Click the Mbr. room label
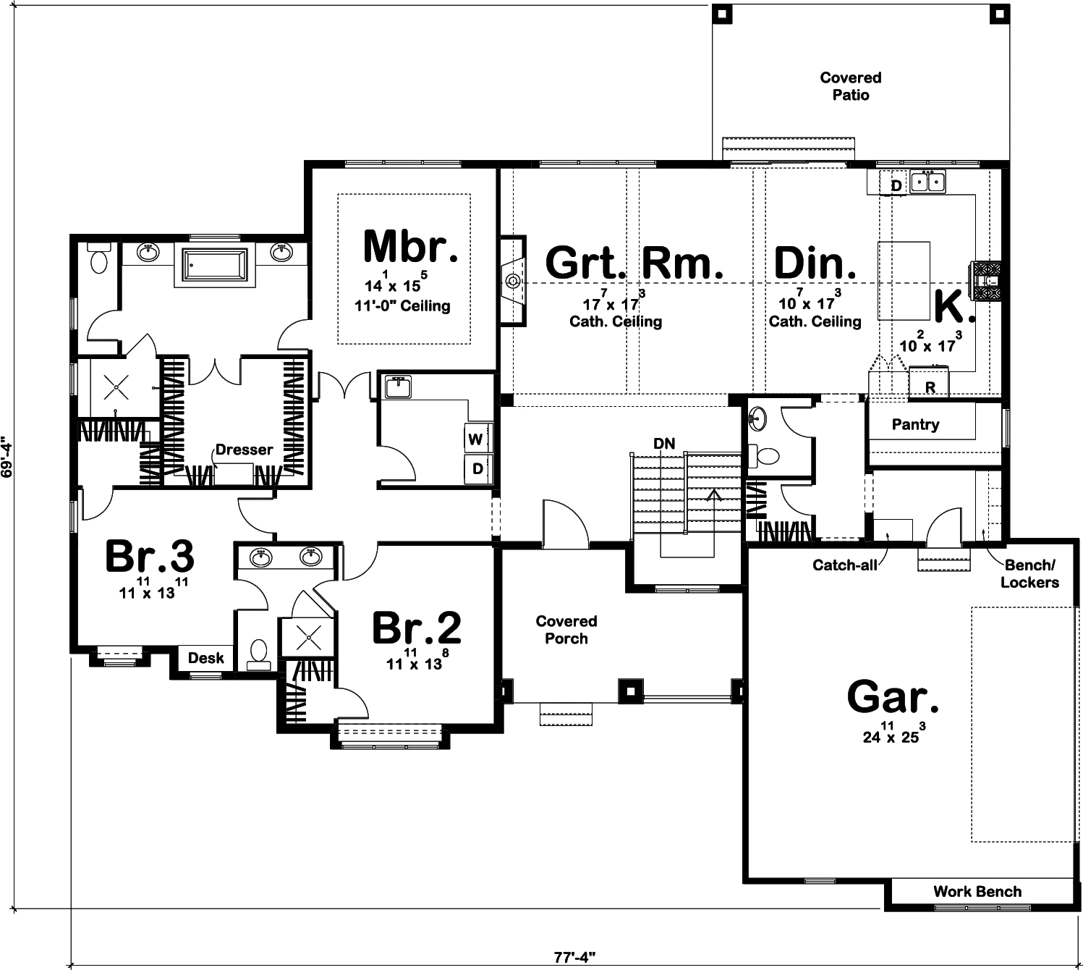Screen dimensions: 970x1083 point(410,247)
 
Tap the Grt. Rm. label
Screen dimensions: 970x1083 point(634,263)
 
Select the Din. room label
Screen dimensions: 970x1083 point(815,263)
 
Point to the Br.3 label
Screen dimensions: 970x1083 point(149,557)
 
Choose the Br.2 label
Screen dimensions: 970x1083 point(416,628)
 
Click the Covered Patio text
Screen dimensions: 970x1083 point(850,86)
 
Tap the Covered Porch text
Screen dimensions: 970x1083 point(566,630)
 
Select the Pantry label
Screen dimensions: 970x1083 point(915,425)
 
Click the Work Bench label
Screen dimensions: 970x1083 point(977,892)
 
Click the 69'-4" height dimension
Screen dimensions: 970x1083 point(7,457)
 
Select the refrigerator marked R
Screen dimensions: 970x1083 point(930,387)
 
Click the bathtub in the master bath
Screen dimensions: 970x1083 point(215,265)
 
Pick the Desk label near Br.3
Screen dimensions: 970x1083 point(206,658)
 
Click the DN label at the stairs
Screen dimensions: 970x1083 point(663,444)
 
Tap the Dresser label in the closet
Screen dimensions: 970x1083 point(244,450)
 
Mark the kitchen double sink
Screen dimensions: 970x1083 point(927,181)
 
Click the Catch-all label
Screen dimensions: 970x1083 point(844,565)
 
